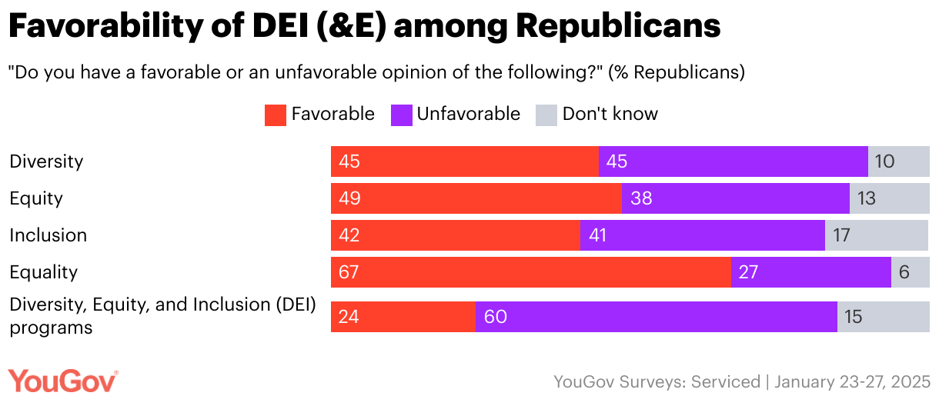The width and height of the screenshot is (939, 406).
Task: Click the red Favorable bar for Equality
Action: (x=531, y=272)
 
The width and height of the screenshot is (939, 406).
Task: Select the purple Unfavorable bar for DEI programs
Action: (x=656, y=317)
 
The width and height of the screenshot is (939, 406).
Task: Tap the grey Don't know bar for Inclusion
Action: (x=877, y=235)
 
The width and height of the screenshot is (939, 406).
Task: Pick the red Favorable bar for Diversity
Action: (x=465, y=161)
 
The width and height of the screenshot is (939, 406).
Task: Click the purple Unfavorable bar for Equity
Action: (x=736, y=198)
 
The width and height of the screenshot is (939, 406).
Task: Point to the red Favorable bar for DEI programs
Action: (x=403, y=317)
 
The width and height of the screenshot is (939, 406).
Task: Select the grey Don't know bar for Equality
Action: (x=911, y=272)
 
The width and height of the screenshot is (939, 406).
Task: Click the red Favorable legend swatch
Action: (x=276, y=115)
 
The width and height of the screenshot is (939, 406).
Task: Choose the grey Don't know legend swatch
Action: (x=546, y=115)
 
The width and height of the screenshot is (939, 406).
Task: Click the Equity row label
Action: (x=36, y=198)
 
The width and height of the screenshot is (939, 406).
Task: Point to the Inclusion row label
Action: (x=48, y=235)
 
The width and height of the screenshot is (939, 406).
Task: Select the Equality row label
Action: (x=45, y=272)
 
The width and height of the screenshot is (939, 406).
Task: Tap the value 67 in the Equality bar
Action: (x=349, y=272)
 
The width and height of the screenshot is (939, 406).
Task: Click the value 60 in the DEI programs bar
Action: (x=496, y=317)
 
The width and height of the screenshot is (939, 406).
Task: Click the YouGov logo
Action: (x=63, y=381)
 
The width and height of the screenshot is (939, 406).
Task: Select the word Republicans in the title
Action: (x=618, y=27)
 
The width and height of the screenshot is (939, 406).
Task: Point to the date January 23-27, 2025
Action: (x=853, y=381)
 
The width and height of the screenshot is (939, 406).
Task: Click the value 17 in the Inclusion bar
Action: (x=841, y=235)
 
